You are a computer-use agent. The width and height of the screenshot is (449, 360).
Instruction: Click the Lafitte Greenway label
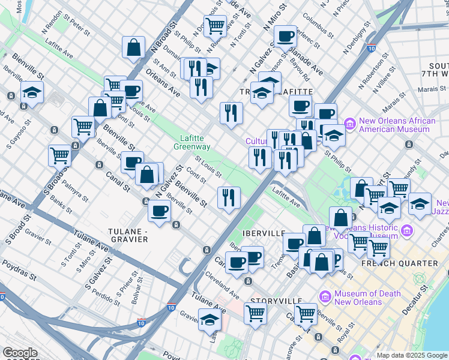(x=192, y=142)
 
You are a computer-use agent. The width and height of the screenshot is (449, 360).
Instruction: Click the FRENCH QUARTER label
(x=399, y=263)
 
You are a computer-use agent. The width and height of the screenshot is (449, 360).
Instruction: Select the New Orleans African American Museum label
(x=397, y=125)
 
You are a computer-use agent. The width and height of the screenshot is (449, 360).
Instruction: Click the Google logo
(x=20, y=353)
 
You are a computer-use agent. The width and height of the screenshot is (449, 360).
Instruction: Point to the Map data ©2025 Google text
(x=411, y=355)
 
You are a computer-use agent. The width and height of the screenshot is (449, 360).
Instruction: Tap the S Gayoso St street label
(x=19, y=133)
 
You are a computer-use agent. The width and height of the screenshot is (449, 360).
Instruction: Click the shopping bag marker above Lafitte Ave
(x=133, y=47)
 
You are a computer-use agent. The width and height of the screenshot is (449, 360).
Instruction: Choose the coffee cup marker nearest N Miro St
(x=285, y=36)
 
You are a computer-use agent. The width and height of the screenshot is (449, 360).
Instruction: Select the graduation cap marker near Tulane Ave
(x=209, y=320)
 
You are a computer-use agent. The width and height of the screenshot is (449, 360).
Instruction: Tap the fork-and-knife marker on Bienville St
(x=229, y=197)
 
